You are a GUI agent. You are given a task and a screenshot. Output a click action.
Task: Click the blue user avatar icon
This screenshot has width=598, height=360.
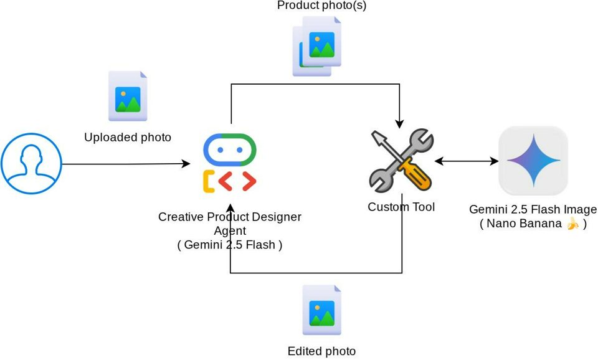pyautogui.click(x=31, y=164)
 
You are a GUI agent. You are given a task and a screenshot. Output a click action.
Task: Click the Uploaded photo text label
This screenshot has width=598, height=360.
pyautogui.click(x=128, y=137)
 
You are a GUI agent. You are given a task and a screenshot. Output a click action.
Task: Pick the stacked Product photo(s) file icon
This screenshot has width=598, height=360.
pyautogui.click(x=318, y=45)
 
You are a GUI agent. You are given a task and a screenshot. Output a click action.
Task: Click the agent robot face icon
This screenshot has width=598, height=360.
pyautogui.click(x=230, y=150)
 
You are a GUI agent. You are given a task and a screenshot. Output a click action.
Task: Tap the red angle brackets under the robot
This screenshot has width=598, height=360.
pyautogui.click(x=237, y=181)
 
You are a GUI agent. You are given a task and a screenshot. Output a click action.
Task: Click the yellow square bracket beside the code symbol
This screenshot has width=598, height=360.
pyautogui.click(x=209, y=181)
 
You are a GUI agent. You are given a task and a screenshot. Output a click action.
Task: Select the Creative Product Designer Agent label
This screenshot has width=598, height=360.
pyautogui.click(x=230, y=223)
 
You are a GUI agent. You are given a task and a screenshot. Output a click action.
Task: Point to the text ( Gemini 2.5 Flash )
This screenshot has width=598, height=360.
pyautogui.click(x=230, y=245)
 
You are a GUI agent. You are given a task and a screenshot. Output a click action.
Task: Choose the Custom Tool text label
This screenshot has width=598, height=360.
pyautogui.click(x=401, y=207)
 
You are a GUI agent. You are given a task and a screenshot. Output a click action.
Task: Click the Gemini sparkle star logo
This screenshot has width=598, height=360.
pyautogui.click(x=533, y=161)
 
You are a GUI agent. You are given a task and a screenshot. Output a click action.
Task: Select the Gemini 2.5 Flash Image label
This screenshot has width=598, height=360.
pyautogui.click(x=533, y=210)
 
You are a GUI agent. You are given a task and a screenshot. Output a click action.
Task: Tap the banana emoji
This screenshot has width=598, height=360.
pyautogui.click(x=572, y=224)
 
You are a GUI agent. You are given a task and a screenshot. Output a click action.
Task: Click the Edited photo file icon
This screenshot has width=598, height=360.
pyautogui.click(x=322, y=310)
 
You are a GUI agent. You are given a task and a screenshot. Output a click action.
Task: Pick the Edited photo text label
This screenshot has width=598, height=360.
pyautogui.click(x=321, y=351)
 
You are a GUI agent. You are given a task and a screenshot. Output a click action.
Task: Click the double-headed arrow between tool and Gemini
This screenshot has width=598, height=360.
pyautogui.click(x=467, y=161)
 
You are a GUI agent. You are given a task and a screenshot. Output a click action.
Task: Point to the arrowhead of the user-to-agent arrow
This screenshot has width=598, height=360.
pyautogui.click(x=186, y=164)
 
